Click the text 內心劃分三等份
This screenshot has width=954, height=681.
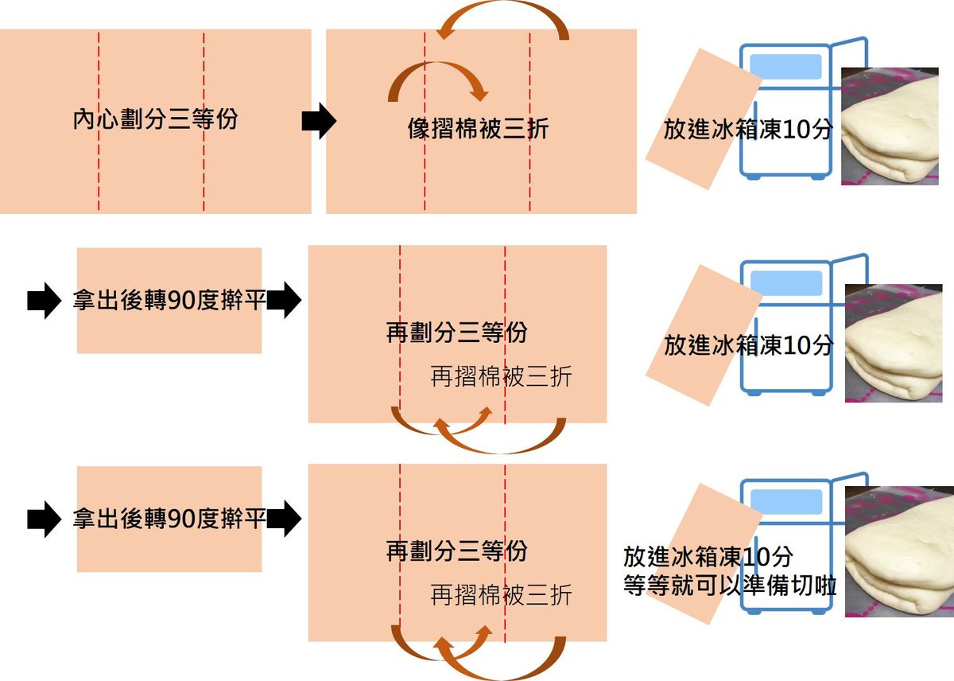point(154,121)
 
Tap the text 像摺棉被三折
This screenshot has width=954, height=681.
point(477,129)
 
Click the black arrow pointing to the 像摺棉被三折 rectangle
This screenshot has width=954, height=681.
point(319,121)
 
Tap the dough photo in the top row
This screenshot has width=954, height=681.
point(890,126)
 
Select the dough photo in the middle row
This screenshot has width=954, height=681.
point(893,343)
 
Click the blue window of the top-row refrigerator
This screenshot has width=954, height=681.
point(785,66)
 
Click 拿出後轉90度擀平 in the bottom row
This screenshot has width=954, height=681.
point(169,520)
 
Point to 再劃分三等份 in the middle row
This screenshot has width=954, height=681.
point(456,333)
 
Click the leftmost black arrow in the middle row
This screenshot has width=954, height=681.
point(44,301)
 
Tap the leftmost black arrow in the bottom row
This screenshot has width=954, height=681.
point(44,520)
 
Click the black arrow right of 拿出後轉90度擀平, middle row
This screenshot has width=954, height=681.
point(284,301)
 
